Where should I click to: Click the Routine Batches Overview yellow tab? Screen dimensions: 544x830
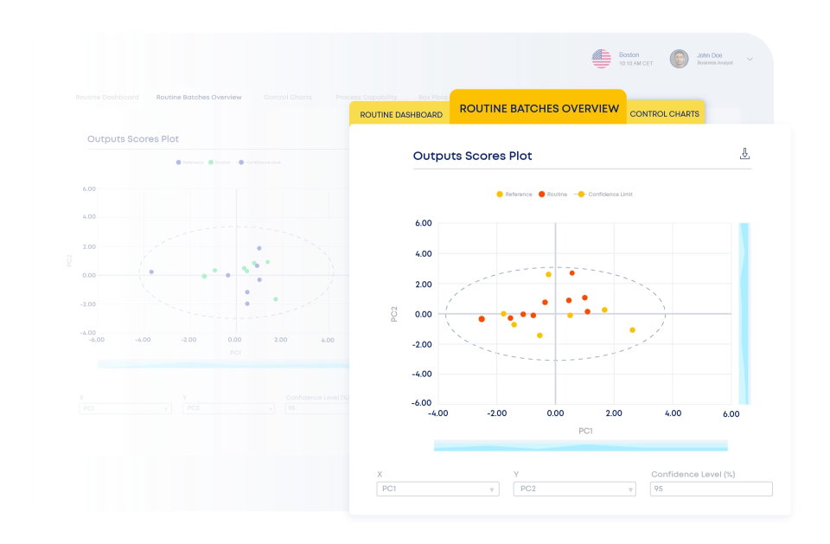coord(539,109)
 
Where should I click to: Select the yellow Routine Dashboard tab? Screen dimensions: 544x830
coord(400,114)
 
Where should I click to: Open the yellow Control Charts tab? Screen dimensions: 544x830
coord(664,114)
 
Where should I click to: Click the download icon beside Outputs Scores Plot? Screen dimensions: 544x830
coord(744,154)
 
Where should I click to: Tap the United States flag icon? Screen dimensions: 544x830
coord(601,59)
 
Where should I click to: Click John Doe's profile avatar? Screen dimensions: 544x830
coord(680,59)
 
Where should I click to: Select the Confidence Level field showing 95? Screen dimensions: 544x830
coord(711,489)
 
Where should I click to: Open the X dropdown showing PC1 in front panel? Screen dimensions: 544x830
coord(437,489)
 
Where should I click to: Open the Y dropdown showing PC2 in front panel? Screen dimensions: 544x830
coord(574,489)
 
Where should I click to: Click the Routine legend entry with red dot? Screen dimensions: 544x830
coord(552,195)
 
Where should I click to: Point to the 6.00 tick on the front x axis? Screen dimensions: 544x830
coord(731,414)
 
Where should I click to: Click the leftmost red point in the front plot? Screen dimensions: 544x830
coord(482,319)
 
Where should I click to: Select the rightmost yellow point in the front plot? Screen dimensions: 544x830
coord(632,330)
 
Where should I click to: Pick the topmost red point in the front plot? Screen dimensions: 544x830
coord(571,273)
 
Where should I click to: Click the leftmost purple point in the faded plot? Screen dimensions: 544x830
coord(151,272)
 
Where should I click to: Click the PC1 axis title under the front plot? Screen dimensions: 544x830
coord(584,431)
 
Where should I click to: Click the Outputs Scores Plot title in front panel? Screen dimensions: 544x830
coord(472,157)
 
